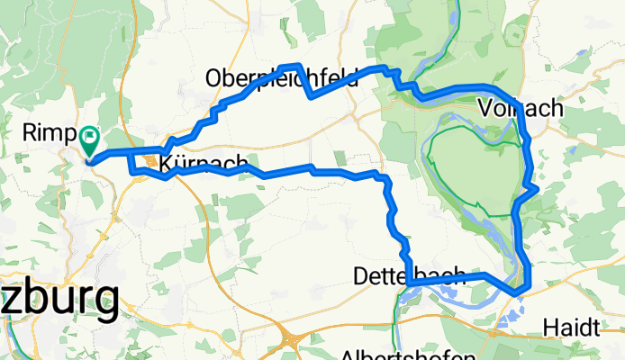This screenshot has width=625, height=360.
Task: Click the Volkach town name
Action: coord(522,109)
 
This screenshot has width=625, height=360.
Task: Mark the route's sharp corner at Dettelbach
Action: coord(409,283)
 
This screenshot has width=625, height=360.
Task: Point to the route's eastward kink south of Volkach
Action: coord(537,189)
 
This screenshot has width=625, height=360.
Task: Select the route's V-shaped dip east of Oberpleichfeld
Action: coord(311,95)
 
